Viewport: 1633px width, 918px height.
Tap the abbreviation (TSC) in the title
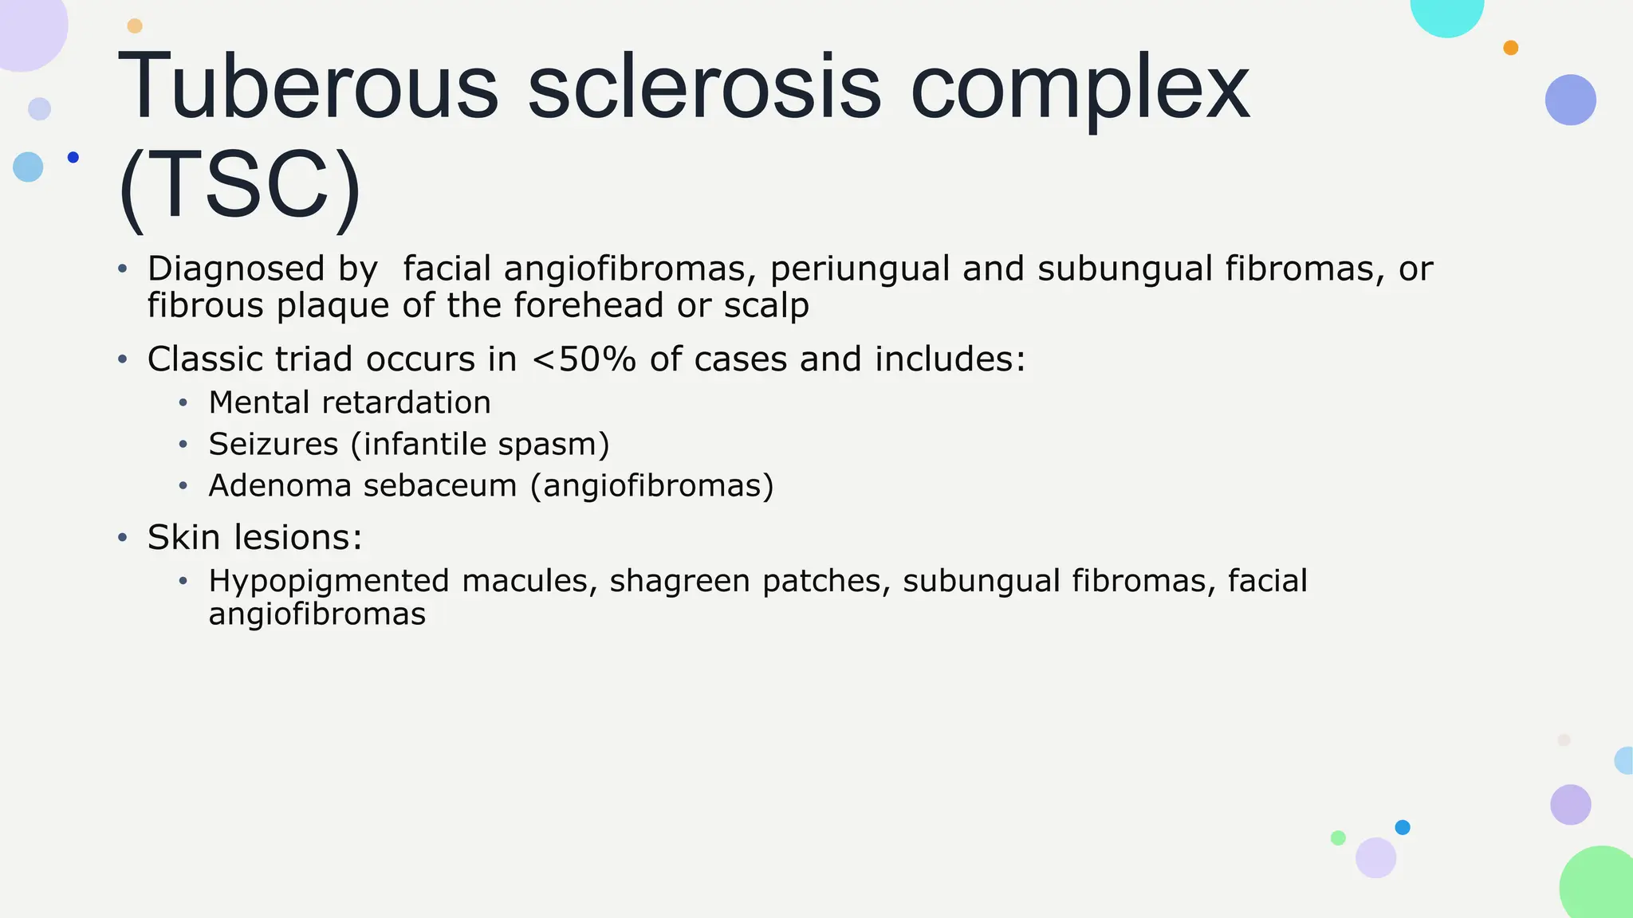pos(239,187)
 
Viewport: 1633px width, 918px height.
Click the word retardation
pos(406,402)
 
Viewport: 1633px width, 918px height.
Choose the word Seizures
pos(273,444)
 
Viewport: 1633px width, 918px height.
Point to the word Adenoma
pos(280,485)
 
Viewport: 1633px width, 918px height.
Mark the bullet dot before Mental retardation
pos(183,403)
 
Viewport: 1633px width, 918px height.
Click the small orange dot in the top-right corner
pos(1510,48)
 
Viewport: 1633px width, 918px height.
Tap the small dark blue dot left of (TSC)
pos(73,157)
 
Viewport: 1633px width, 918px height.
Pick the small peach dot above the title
pos(135,26)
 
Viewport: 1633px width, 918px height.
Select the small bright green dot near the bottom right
pos(1338,838)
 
